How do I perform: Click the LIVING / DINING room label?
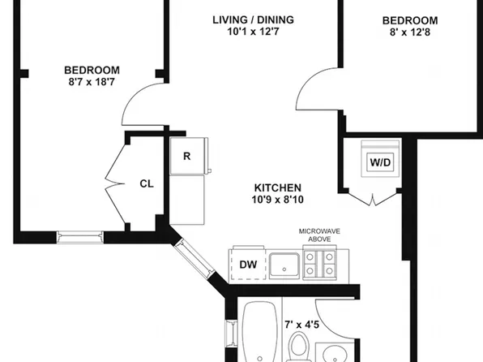click(253, 20)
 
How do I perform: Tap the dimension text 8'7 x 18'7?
click(92, 82)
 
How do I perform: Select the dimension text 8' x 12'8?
click(410, 32)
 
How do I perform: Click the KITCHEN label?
click(278, 187)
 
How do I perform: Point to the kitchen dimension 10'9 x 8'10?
click(278, 200)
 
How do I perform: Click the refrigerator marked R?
click(189, 156)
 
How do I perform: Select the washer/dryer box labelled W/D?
click(380, 158)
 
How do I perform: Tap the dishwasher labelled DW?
click(248, 264)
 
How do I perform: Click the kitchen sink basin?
click(284, 266)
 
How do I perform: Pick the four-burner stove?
click(320, 264)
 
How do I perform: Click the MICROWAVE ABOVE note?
click(319, 235)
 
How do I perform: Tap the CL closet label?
click(147, 184)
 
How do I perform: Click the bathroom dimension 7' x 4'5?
click(301, 325)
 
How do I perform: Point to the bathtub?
click(260, 332)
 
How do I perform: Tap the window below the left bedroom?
click(80, 237)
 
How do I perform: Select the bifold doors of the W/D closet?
click(373, 197)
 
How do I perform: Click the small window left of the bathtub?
click(231, 334)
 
